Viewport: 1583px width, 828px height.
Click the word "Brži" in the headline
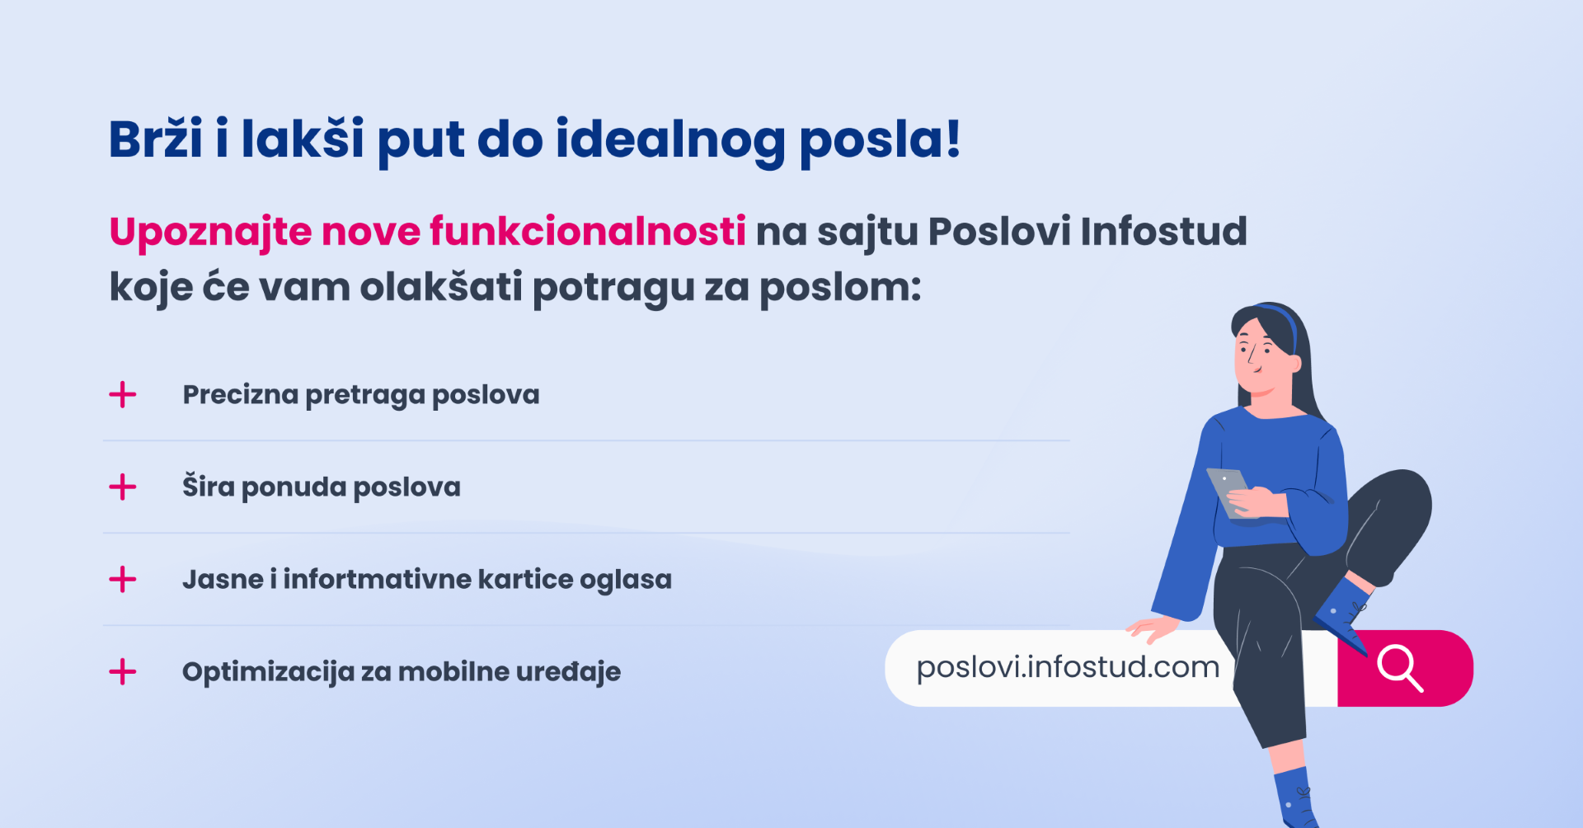click(155, 139)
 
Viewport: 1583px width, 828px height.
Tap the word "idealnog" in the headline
click(669, 139)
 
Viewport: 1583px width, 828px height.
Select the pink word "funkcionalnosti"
click(587, 232)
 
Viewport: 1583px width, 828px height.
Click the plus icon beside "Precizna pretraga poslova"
click(123, 395)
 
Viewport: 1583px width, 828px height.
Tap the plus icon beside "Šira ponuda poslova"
click(123, 487)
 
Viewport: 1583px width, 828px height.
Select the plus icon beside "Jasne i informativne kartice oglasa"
click(123, 580)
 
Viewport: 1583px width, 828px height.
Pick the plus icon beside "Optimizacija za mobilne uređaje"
click(123, 672)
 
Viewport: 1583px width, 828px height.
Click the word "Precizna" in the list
click(240, 395)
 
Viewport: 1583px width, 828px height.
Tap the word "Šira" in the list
click(209, 487)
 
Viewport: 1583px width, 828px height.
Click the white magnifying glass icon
click(1399, 668)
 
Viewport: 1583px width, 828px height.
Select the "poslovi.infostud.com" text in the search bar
click(1068, 667)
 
